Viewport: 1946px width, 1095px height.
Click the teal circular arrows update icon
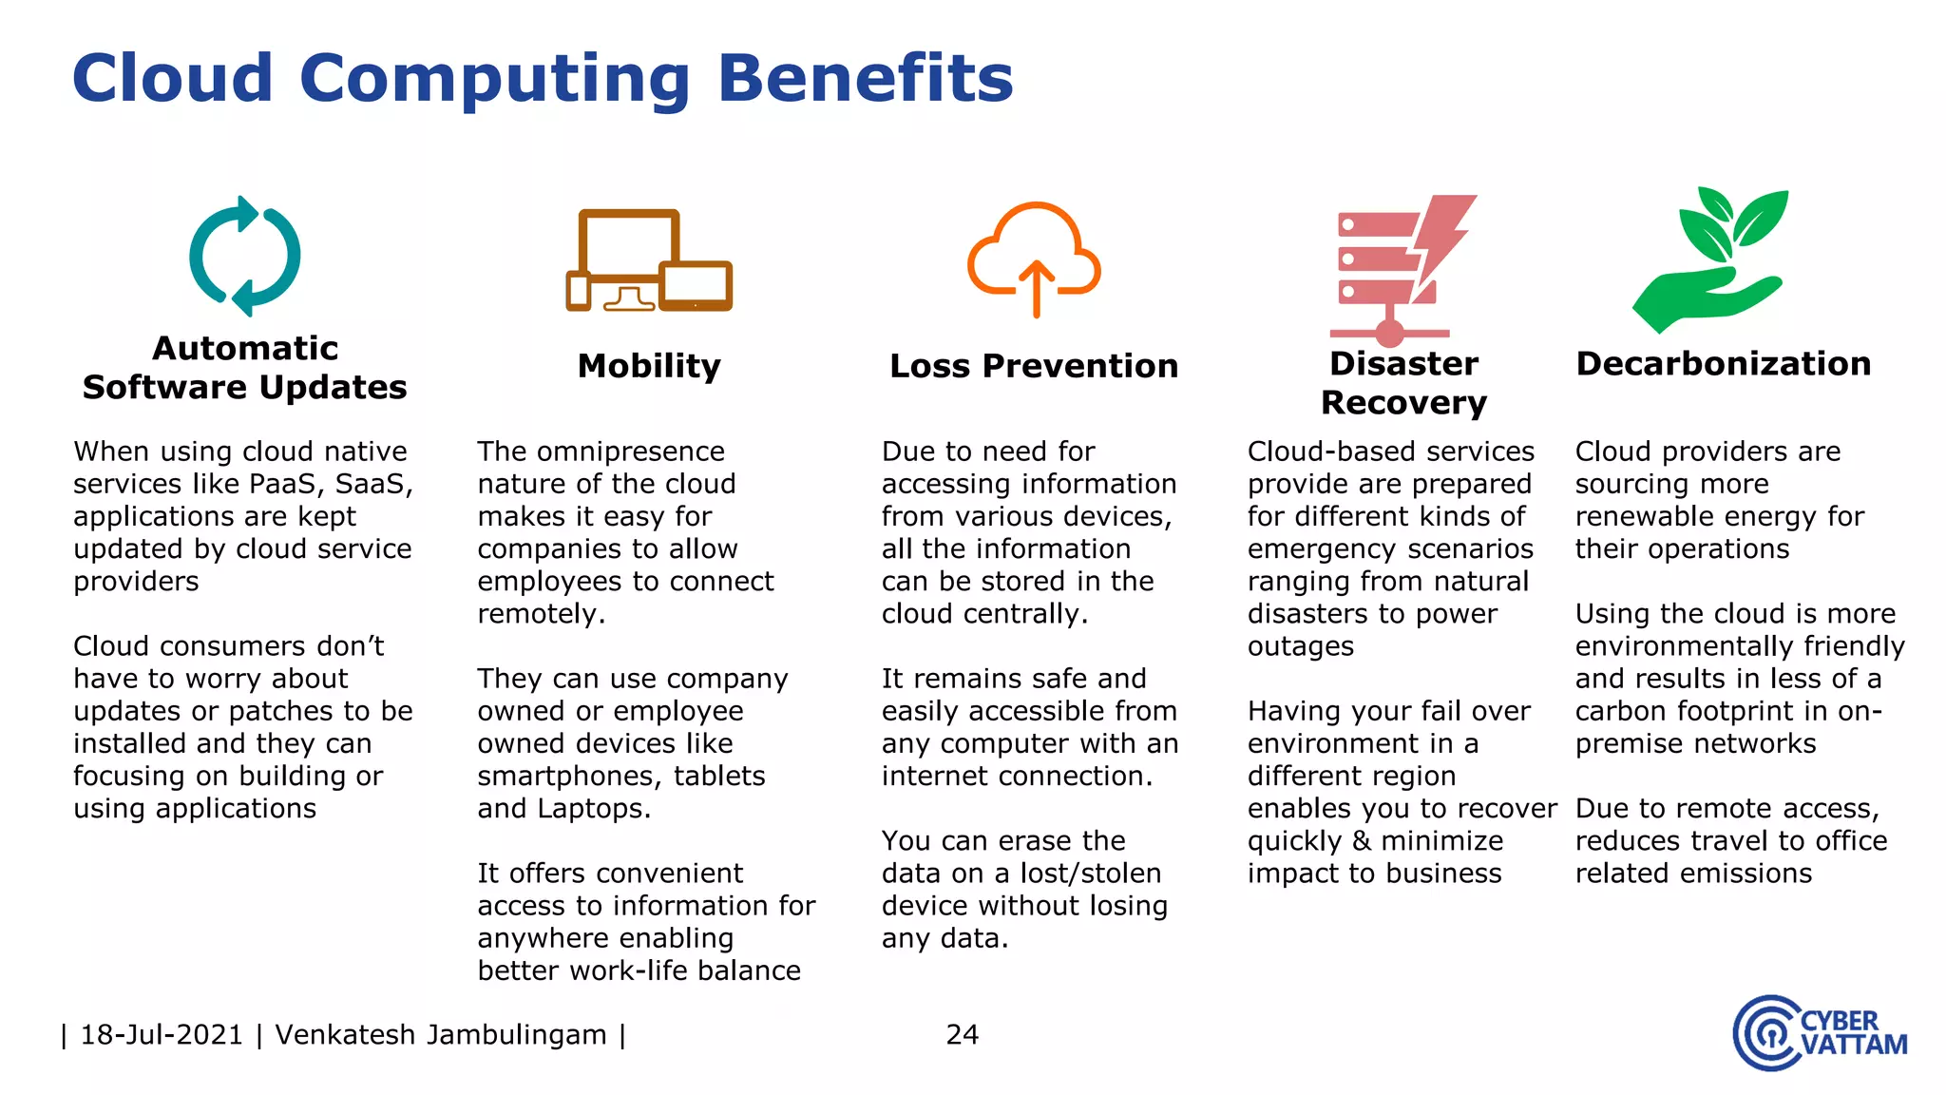pos(245,256)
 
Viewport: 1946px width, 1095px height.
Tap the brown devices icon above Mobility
pos(649,260)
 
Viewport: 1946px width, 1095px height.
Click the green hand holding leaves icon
pos(1711,259)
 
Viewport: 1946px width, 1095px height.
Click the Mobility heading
pos(649,366)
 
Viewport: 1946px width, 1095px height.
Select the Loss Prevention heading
pos(1034,366)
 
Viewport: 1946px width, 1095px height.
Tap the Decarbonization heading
pos(1723,364)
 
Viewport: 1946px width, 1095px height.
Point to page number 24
pos(962,1034)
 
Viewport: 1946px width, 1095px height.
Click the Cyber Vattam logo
pos(1819,1033)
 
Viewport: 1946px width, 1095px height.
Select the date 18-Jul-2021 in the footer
pos(162,1034)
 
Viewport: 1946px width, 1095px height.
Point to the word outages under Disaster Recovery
pos(1300,646)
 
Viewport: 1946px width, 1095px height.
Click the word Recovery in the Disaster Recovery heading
pos(1402,403)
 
